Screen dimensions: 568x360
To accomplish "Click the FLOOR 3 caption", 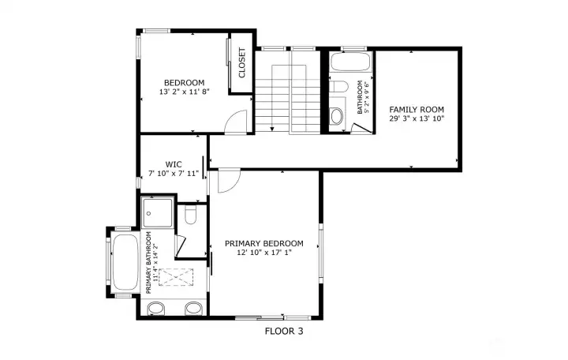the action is coord(284,331).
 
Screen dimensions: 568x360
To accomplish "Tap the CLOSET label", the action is coord(242,62).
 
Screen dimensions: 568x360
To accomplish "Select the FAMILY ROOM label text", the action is coord(417,110).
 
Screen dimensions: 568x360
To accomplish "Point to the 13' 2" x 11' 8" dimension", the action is coord(185,92).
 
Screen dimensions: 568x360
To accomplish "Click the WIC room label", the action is coord(174,164).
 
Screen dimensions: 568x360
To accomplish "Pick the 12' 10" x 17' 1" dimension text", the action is coord(264,253).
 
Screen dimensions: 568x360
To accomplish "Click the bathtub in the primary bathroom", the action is coord(125,262).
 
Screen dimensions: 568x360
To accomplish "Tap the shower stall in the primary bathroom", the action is coord(157,213).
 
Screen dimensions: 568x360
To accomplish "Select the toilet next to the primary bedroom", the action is coord(190,215).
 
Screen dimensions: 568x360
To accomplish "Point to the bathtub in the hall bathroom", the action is coord(351,62).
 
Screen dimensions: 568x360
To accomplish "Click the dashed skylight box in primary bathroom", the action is coord(176,277).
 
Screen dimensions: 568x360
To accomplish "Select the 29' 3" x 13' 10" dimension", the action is coord(417,118).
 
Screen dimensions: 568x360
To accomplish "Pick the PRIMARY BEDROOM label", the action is coord(264,243).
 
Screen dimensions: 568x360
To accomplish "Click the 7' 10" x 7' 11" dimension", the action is coord(174,174).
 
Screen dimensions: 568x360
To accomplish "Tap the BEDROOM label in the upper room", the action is coord(185,83).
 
